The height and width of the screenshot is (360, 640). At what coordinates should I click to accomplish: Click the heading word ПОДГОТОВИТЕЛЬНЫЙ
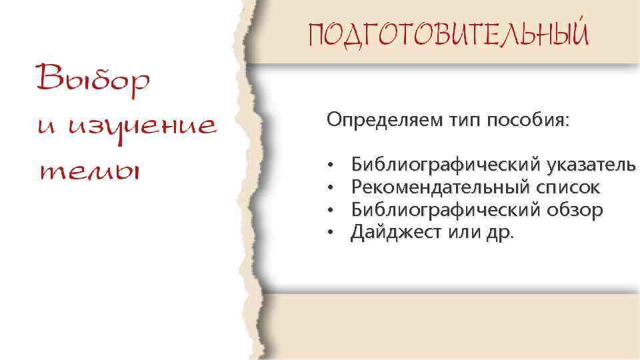tap(448, 33)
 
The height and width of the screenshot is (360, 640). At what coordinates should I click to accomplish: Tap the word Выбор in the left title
tap(93, 81)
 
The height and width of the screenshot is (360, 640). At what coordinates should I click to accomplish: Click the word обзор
tap(574, 210)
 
